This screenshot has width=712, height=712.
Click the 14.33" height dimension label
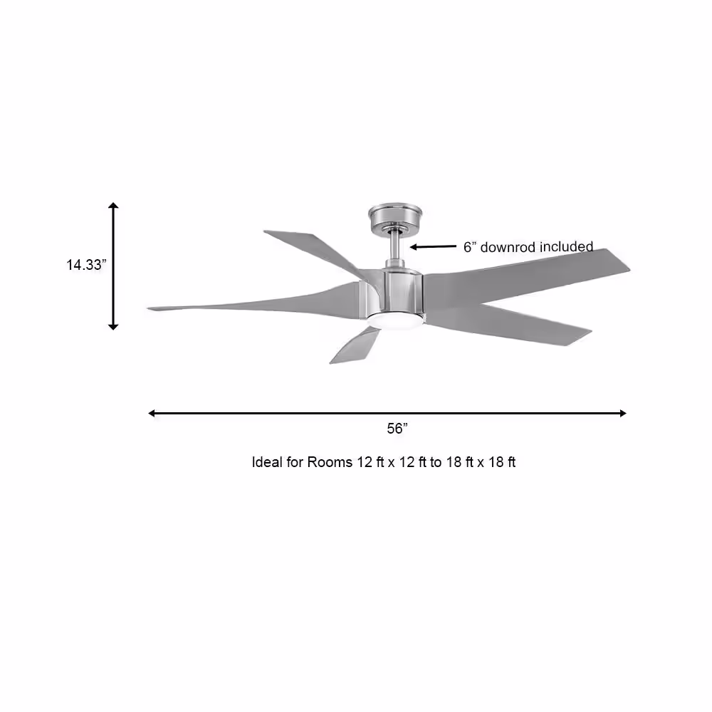86,264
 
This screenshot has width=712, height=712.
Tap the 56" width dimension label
397,428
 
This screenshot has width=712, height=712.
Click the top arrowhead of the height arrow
113,205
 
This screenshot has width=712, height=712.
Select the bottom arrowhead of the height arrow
113,327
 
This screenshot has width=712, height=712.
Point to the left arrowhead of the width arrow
152,413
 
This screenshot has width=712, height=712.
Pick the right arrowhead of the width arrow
623,413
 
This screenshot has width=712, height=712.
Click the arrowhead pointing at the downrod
413,247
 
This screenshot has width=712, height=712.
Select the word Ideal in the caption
267,462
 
